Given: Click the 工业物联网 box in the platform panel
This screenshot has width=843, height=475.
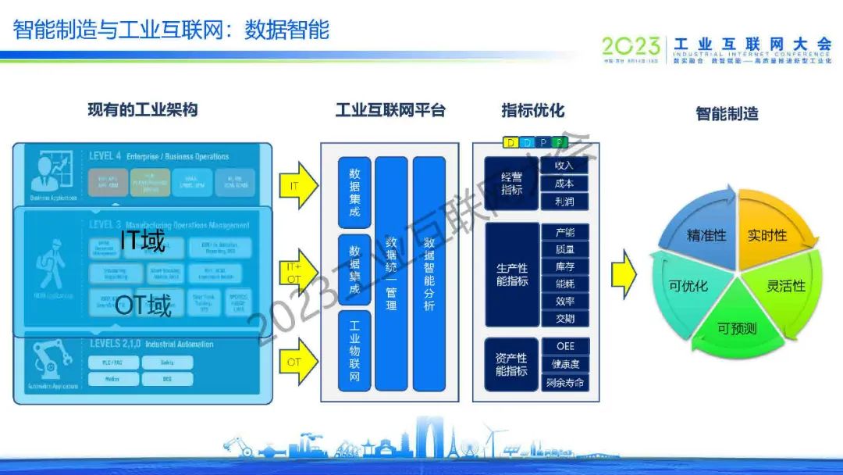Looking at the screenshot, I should (354, 350).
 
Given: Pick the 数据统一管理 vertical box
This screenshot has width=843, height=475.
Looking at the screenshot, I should (391, 273).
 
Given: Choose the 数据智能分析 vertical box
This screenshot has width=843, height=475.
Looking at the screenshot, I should (429, 273).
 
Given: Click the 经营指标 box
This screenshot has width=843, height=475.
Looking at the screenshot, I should (511, 184).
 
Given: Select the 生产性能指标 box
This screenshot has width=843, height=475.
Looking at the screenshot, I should (511, 274).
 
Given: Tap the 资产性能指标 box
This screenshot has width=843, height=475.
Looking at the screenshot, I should (511, 364).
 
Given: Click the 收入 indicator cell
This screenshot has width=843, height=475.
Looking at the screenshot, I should (564, 166).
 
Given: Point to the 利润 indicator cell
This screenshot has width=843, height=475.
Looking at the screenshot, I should (564, 202).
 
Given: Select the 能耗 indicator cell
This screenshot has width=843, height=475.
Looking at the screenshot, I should (564, 284).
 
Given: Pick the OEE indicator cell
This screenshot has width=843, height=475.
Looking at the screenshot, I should (564, 346).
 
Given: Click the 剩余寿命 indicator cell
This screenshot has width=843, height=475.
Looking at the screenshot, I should (564, 384).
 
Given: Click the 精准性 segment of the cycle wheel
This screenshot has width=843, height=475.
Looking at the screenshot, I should (704, 234).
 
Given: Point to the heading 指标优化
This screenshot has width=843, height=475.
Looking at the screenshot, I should (532, 110).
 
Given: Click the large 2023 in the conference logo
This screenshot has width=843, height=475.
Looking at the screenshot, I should (631, 46).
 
